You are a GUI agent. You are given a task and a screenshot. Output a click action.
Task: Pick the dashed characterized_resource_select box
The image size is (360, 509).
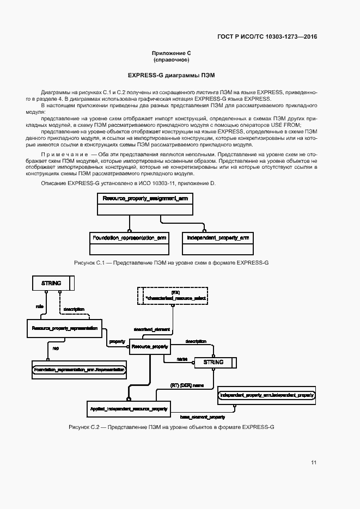point(172,296)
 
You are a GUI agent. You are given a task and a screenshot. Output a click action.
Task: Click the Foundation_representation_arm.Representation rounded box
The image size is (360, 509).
point(80,370)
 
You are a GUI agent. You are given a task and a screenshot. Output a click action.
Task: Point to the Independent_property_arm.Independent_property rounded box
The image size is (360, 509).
point(266,395)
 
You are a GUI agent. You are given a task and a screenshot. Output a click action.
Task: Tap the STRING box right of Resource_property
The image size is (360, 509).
point(213,362)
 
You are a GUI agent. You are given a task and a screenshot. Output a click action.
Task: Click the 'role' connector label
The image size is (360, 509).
point(39,306)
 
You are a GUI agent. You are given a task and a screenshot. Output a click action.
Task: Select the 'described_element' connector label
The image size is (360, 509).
point(152,329)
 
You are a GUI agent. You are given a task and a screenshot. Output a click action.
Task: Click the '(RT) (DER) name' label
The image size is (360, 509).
point(187,385)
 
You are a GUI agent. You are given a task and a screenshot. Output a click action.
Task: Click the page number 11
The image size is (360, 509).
point(314,463)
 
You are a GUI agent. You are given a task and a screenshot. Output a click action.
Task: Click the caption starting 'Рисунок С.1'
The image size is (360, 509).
point(171,263)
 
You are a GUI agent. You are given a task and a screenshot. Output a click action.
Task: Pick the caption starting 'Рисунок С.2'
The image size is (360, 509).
point(171,427)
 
